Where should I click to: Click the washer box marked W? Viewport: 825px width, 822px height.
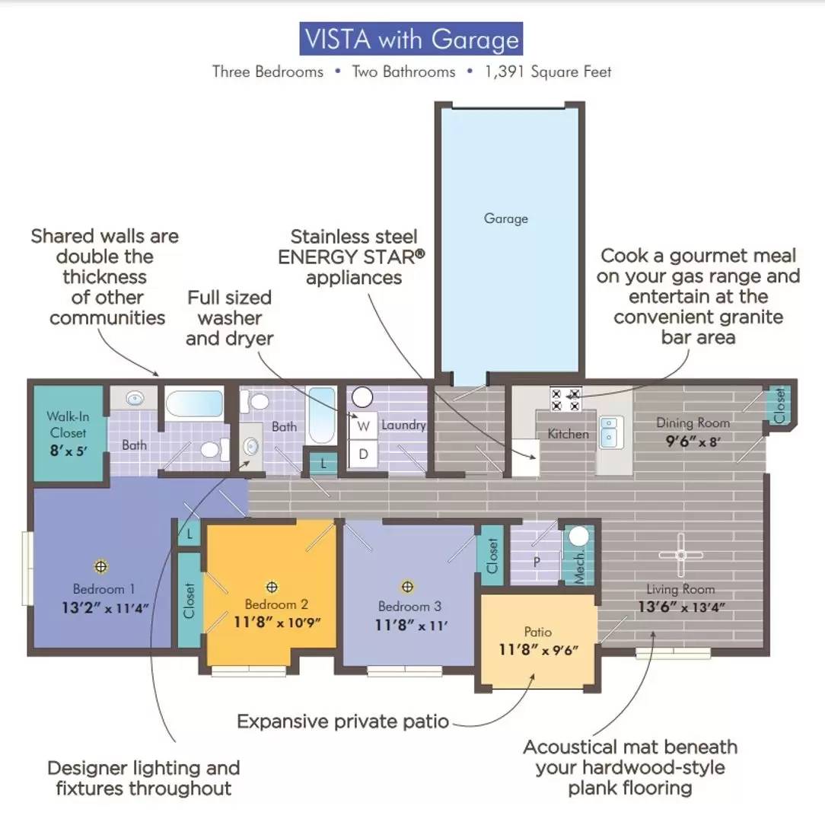click(x=363, y=425)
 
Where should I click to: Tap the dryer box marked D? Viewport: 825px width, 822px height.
click(x=363, y=454)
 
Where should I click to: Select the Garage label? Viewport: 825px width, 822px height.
click(x=505, y=218)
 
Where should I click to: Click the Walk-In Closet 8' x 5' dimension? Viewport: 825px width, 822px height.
click(x=68, y=451)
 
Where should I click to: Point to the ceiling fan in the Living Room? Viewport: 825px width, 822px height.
click(x=681, y=555)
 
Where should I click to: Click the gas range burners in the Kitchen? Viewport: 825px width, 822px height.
click(x=565, y=399)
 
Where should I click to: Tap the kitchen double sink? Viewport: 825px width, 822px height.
click(x=610, y=432)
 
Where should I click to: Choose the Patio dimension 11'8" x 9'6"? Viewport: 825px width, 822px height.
click(x=538, y=650)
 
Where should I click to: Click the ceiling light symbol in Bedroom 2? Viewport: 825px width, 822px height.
click(x=272, y=586)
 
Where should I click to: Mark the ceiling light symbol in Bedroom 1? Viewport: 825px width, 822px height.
click(x=100, y=566)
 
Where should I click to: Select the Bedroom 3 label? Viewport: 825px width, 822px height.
click(x=409, y=607)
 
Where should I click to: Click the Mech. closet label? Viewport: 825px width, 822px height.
click(x=578, y=567)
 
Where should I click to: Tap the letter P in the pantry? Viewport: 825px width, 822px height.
click(x=536, y=562)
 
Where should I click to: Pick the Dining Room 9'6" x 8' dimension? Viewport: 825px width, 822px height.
click(x=693, y=441)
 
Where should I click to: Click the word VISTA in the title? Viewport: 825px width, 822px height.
click(x=337, y=39)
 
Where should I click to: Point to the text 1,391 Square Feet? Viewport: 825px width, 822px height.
click(x=548, y=72)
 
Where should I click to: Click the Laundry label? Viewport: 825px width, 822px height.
click(x=403, y=425)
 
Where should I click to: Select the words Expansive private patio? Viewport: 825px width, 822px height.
click(x=343, y=721)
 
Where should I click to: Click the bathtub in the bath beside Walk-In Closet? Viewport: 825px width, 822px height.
click(x=195, y=403)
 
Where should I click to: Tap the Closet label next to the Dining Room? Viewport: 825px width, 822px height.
click(x=780, y=405)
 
